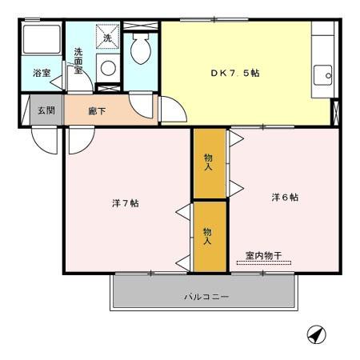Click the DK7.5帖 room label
(x=234, y=72)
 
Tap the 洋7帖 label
(x=126, y=203)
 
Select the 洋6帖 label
(x=284, y=197)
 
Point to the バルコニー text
(x=206, y=297)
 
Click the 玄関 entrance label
(x=46, y=110)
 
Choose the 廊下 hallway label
(x=97, y=110)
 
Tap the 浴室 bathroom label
(x=42, y=73)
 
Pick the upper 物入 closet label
(x=208, y=162)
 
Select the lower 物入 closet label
(x=208, y=236)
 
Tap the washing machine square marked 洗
(x=108, y=37)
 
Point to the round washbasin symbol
(x=108, y=67)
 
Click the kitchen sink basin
(x=323, y=76)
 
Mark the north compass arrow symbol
(x=317, y=334)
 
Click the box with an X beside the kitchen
(x=335, y=112)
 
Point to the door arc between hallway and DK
(x=170, y=108)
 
